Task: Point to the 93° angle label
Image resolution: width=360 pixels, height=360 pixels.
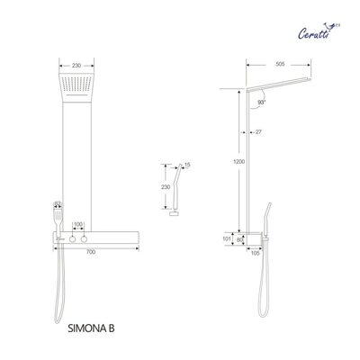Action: coord(261,103)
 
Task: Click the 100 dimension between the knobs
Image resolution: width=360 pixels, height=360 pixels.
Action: coord(77,223)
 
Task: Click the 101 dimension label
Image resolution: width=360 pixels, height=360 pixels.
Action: coord(227,239)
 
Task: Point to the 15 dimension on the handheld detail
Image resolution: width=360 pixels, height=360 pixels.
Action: coord(186,165)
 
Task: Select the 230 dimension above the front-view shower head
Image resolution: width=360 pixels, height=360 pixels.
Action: coord(77,65)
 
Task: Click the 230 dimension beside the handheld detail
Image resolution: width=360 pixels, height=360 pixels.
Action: coord(165,186)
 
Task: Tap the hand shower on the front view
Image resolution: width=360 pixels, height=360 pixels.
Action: coord(58,217)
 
